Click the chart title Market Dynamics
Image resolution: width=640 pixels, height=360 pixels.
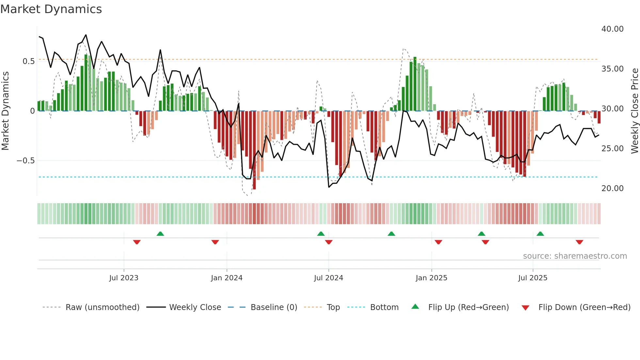51,9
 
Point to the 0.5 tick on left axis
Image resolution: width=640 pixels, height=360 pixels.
28,61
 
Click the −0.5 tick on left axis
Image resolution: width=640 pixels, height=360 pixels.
25,161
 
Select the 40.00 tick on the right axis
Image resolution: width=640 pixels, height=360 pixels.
612,29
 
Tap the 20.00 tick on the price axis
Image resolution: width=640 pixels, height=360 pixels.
612,188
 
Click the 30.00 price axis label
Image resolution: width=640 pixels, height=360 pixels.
612,109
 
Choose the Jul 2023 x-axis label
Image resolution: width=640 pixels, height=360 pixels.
124,278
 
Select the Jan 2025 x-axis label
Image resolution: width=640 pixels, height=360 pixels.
431,278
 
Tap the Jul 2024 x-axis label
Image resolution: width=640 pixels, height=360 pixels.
328,278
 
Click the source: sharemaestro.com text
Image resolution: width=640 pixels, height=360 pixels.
575,256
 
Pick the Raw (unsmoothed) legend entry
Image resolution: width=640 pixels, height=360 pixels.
102,307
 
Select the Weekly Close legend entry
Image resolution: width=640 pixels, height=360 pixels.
195,307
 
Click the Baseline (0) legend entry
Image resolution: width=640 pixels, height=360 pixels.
274,307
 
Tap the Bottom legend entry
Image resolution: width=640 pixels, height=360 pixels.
384,307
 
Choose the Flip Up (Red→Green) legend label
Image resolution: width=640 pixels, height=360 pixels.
468,307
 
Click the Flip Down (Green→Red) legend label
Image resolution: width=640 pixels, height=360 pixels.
584,307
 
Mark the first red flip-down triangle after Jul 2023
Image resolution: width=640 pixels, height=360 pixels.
137,242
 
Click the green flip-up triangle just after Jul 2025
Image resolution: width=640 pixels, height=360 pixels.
540,234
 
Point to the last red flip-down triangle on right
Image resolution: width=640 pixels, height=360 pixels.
579,242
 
